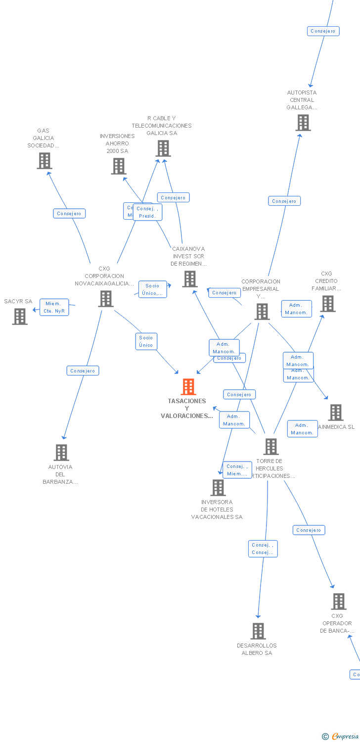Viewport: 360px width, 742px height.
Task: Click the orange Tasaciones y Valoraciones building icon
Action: [188, 387]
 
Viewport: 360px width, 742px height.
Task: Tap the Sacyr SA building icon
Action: [20, 317]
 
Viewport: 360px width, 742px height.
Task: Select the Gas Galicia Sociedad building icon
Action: [45, 161]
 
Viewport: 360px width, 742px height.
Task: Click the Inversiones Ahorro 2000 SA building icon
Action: [118, 166]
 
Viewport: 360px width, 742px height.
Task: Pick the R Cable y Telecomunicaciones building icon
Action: [163, 148]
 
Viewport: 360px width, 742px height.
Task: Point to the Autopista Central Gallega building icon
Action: [303, 123]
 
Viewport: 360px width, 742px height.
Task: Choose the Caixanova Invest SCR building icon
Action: [190, 279]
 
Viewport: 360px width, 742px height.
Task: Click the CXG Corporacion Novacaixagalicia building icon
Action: [105, 299]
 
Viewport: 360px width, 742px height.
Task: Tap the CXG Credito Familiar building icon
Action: [328, 304]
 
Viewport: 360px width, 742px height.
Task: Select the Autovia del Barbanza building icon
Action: [61, 453]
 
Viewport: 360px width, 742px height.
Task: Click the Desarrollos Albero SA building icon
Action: [258, 631]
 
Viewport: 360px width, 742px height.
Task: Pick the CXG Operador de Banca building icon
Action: [339, 602]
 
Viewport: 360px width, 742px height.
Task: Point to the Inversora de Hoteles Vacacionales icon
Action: [218, 488]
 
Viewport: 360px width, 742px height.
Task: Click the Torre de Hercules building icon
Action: [271, 447]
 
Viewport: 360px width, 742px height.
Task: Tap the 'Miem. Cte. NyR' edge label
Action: [54, 307]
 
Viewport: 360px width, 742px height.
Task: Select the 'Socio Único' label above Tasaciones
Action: [146, 341]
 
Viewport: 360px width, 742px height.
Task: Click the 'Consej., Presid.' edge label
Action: [147, 212]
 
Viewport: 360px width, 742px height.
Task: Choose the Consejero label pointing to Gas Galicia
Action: [69, 214]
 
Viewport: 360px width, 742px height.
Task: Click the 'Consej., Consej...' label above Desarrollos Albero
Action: [263, 549]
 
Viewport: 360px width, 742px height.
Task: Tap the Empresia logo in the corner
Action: [341, 737]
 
